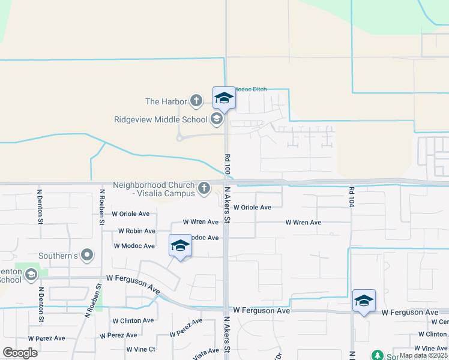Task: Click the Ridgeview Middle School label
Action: [160, 119]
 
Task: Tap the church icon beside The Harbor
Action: [196, 100]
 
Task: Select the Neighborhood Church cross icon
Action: [204, 188]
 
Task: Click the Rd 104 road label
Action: [351, 197]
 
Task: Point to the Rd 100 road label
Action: [228, 164]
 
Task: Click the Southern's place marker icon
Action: [87, 256]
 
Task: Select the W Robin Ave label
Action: [136, 231]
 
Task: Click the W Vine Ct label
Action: [141, 349]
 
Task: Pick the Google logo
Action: [20, 353]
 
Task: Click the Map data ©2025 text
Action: [423, 355]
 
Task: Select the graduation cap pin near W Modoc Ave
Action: [180, 246]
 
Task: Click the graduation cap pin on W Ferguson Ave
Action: [364, 301]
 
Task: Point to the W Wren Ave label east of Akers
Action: [303, 223]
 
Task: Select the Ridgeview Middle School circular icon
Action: [216, 119]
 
